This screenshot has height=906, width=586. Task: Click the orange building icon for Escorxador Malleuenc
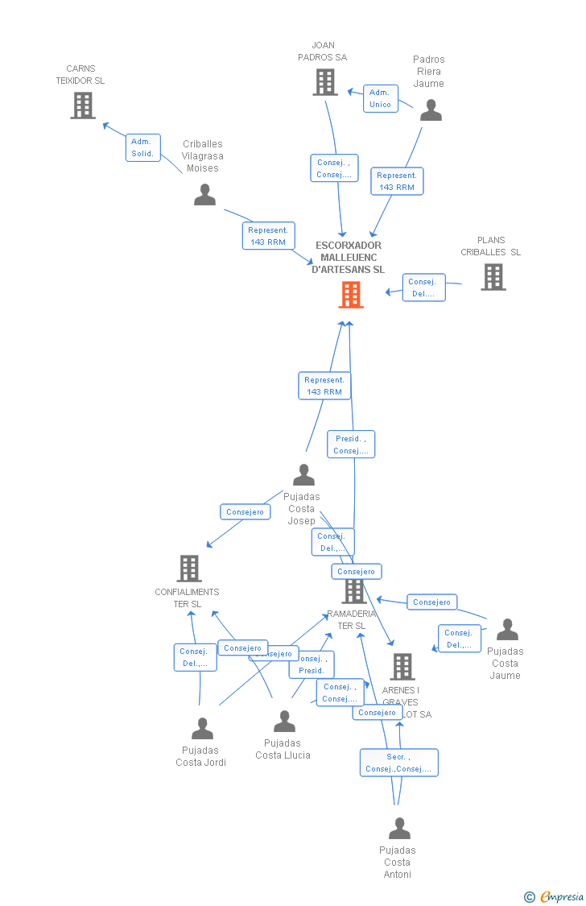coord(351,295)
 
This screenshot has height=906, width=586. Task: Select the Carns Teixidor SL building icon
coord(83,105)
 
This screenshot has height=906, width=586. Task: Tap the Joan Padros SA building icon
coord(325,82)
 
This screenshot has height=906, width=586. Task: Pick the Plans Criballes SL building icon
coord(493,277)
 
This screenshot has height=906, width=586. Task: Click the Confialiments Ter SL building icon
coord(189,569)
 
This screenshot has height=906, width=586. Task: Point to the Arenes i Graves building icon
coord(402,667)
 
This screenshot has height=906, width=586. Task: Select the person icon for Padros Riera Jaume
coord(431,110)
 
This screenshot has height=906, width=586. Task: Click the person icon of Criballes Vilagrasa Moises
coord(205,195)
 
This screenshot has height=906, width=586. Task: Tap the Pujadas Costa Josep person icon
coord(303,474)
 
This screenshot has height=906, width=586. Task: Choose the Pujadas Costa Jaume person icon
coord(507,630)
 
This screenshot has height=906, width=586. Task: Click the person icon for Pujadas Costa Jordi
coord(203,729)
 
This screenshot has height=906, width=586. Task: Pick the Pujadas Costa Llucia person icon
coord(284,722)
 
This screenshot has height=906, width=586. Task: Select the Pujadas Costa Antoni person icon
coord(399,829)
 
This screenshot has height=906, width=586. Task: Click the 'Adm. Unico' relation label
coord(380,98)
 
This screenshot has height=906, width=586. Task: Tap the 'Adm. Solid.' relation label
coord(143,147)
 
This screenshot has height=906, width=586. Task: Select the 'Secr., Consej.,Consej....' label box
coord(398,763)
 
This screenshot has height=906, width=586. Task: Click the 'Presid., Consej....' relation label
coord(351,445)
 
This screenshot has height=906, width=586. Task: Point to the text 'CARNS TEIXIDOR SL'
coord(80,75)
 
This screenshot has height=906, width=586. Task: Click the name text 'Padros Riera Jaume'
coord(429,72)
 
